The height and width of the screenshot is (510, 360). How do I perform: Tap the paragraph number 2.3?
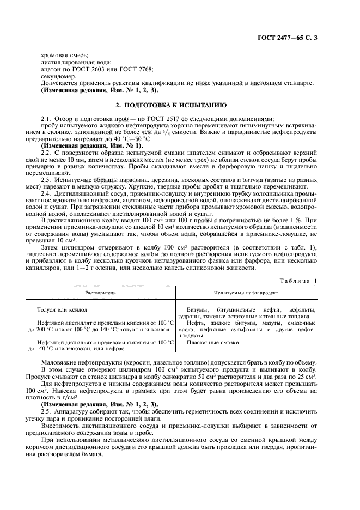pos(46,182)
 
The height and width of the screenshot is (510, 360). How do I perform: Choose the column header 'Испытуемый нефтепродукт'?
pos(246,293)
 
